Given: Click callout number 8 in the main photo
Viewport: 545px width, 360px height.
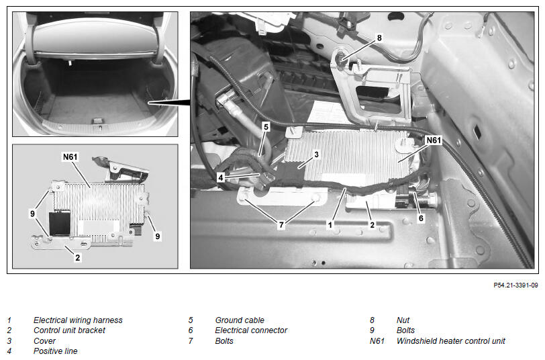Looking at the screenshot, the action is pyautogui.click(x=379, y=38).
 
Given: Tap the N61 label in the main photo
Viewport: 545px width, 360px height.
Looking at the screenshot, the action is pyautogui.click(x=434, y=140).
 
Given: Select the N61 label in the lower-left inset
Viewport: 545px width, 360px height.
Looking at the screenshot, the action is pyautogui.click(x=70, y=157).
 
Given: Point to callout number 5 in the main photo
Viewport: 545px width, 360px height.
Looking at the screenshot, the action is pyautogui.click(x=266, y=127).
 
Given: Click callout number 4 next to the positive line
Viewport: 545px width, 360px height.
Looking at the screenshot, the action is pyautogui.click(x=220, y=177).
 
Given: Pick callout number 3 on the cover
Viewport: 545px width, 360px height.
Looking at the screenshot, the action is pyautogui.click(x=316, y=154).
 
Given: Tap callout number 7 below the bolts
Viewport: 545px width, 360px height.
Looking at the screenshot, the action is pyautogui.click(x=281, y=225).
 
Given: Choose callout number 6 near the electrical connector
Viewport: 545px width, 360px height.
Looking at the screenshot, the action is pyautogui.click(x=421, y=218).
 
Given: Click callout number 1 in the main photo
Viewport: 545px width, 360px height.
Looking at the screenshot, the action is pyautogui.click(x=330, y=225).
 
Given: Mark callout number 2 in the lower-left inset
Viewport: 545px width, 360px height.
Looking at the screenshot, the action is pyautogui.click(x=77, y=257).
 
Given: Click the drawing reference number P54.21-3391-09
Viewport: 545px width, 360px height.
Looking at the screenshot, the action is pyautogui.click(x=515, y=285).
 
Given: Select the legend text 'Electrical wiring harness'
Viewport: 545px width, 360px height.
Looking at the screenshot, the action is pyautogui.click(x=78, y=320).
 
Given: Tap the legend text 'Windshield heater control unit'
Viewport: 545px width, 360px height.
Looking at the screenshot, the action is pyautogui.click(x=450, y=341).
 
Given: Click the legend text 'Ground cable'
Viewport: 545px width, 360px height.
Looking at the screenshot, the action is pyautogui.click(x=240, y=320).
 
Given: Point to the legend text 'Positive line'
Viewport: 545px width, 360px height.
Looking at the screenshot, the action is pyautogui.click(x=55, y=351).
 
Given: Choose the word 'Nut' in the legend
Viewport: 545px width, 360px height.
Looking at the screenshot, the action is pyautogui.click(x=403, y=320).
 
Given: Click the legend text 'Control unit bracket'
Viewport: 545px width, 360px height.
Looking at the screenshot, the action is pyautogui.click(x=69, y=330).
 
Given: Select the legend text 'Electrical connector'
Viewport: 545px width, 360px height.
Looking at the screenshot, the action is pyautogui.click(x=251, y=330).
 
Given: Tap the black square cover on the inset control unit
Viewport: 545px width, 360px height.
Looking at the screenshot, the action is pyautogui.click(x=60, y=222).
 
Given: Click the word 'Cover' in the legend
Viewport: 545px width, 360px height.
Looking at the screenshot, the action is pyautogui.click(x=44, y=341).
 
